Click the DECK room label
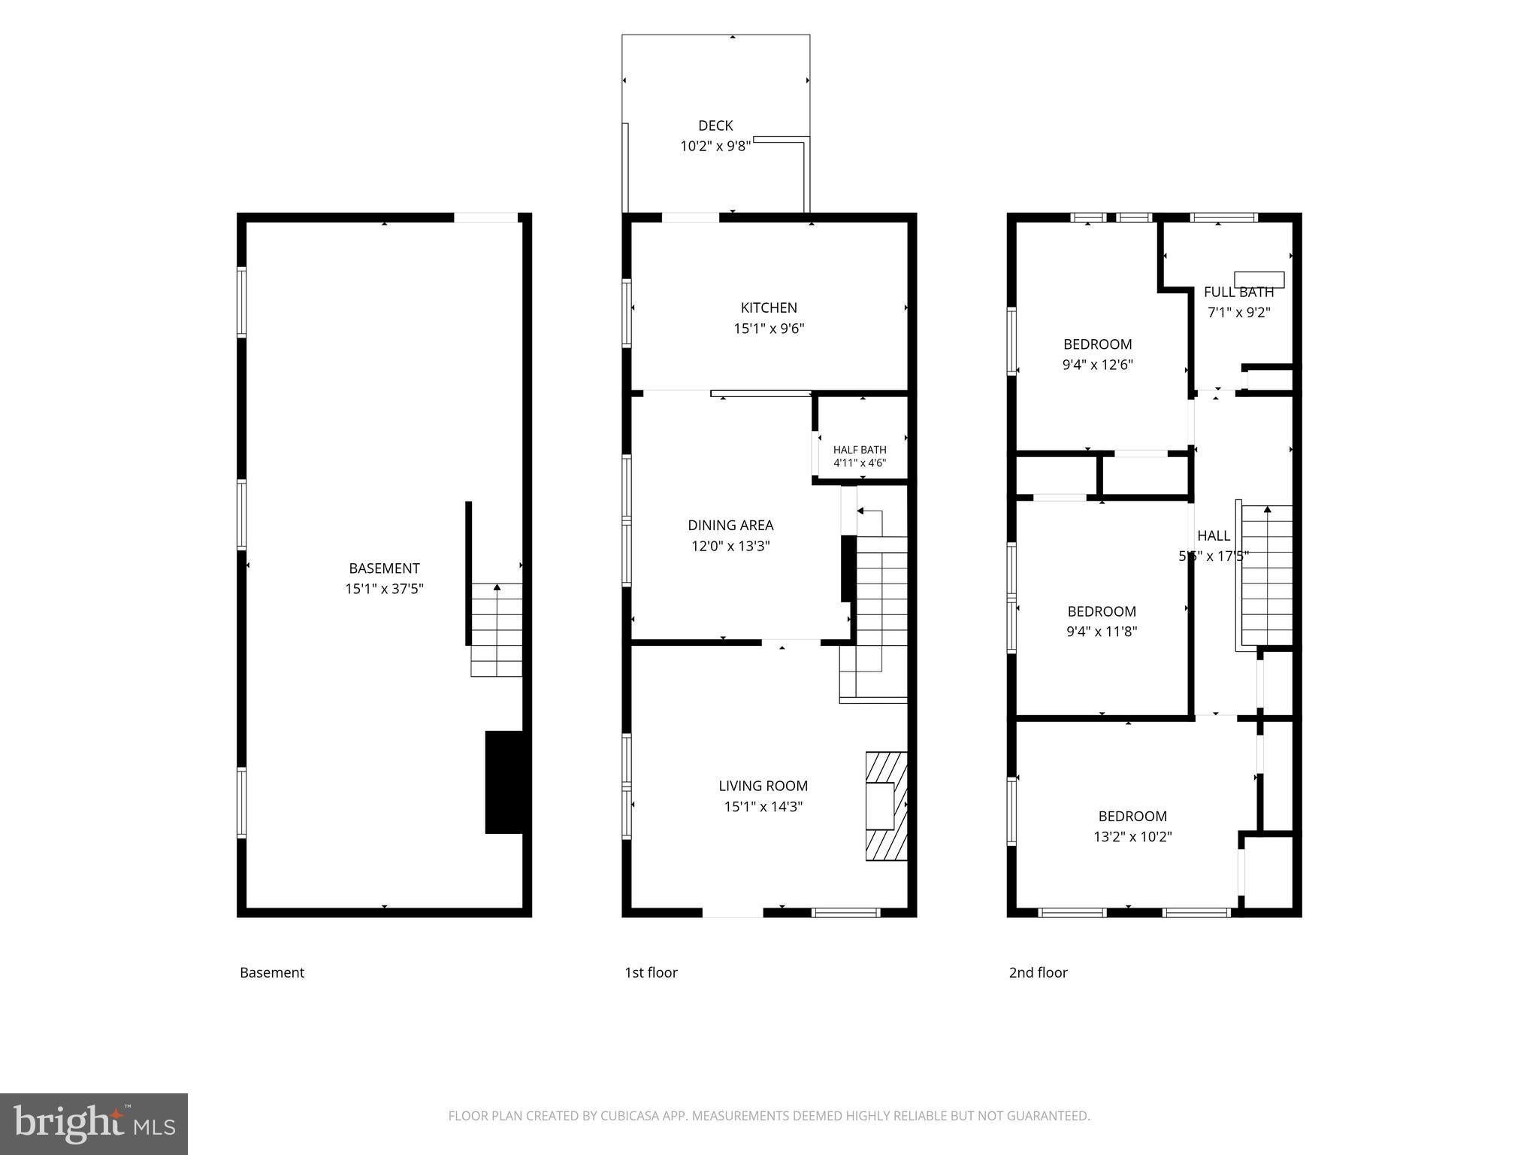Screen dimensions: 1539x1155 (x=715, y=126)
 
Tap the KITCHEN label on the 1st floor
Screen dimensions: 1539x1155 (x=769, y=308)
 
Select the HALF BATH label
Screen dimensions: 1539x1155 (x=860, y=450)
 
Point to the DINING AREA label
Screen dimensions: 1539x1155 (x=730, y=525)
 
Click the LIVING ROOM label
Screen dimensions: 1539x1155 (x=763, y=786)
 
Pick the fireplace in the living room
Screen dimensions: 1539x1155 (x=886, y=806)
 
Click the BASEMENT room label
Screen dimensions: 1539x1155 (x=384, y=568)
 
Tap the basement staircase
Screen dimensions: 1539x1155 (x=497, y=630)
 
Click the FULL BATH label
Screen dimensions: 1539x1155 (x=1238, y=293)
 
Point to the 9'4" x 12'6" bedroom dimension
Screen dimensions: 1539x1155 (x=1098, y=365)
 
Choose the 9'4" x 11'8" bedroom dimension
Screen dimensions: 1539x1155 (x=1102, y=632)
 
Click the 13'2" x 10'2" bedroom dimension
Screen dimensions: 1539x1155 (x=1132, y=836)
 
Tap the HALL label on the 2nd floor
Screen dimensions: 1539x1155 (x=1214, y=535)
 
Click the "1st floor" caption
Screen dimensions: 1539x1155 (x=651, y=972)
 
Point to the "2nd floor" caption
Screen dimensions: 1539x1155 (x=1038, y=972)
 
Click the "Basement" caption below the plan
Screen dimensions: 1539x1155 (x=272, y=972)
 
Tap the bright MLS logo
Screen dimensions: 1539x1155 (x=94, y=1123)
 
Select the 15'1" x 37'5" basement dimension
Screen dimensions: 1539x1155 (x=384, y=589)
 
